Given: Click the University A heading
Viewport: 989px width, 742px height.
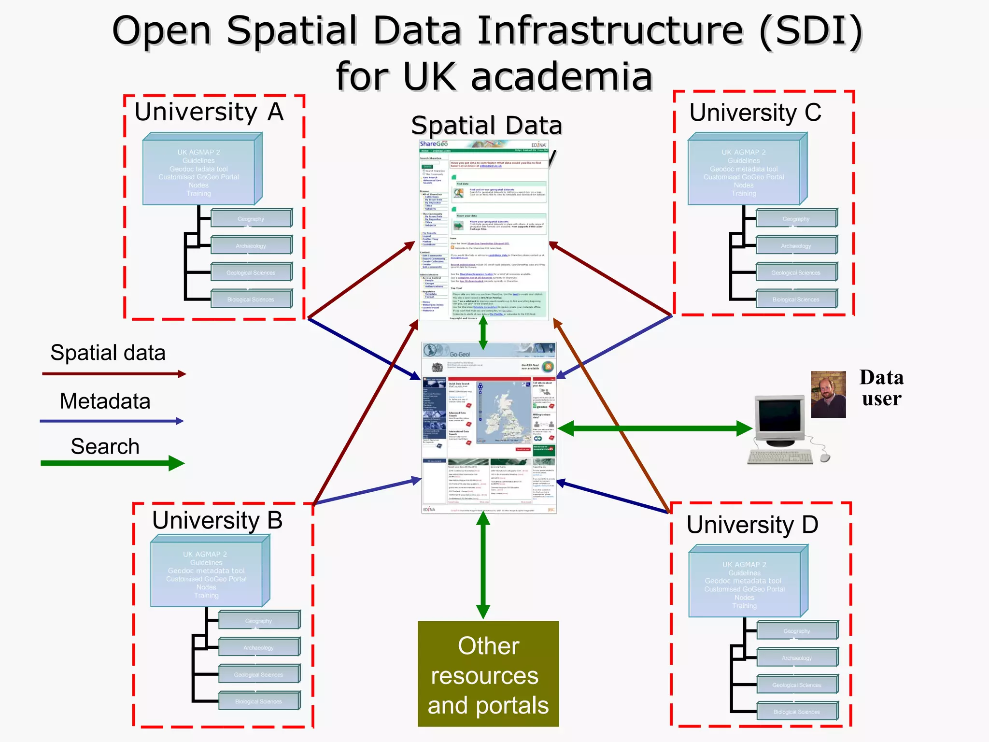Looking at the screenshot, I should [209, 112].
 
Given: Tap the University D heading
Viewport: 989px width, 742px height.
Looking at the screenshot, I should [752, 525].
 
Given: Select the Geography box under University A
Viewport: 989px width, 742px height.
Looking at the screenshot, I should [251, 219].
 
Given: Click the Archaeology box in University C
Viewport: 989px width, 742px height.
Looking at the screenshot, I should [796, 246].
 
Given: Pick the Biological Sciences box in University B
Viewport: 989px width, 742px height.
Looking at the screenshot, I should [259, 701].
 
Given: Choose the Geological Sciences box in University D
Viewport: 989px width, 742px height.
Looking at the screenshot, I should [797, 685].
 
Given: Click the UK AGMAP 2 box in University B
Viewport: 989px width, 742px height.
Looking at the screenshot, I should [207, 574].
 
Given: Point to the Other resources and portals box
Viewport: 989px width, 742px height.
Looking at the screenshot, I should [488, 674].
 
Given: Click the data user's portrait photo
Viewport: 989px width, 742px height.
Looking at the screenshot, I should [828, 394].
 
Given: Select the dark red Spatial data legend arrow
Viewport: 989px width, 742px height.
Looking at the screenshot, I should [113, 374].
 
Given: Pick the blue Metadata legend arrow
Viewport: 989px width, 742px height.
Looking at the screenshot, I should [111, 421].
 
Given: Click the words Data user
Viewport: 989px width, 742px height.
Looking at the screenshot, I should [881, 388].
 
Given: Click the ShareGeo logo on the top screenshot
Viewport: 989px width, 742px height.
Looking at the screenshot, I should [433, 144].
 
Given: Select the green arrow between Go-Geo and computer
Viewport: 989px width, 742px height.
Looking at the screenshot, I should [655, 428].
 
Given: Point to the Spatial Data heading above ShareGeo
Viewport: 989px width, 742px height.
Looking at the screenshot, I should [487, 126].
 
